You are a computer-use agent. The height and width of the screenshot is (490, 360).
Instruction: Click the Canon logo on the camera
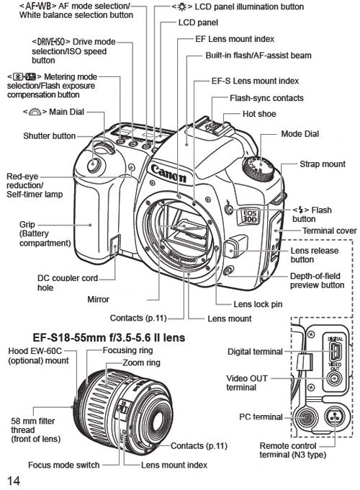pos(168,173)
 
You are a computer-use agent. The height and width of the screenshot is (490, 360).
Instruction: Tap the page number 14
pos(14,480)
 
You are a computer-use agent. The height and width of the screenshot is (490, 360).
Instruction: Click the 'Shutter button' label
pos(48,135)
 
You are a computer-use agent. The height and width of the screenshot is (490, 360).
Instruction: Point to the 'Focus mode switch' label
pos(63,465)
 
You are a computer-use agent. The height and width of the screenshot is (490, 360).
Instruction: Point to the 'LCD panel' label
pos(197,22)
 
